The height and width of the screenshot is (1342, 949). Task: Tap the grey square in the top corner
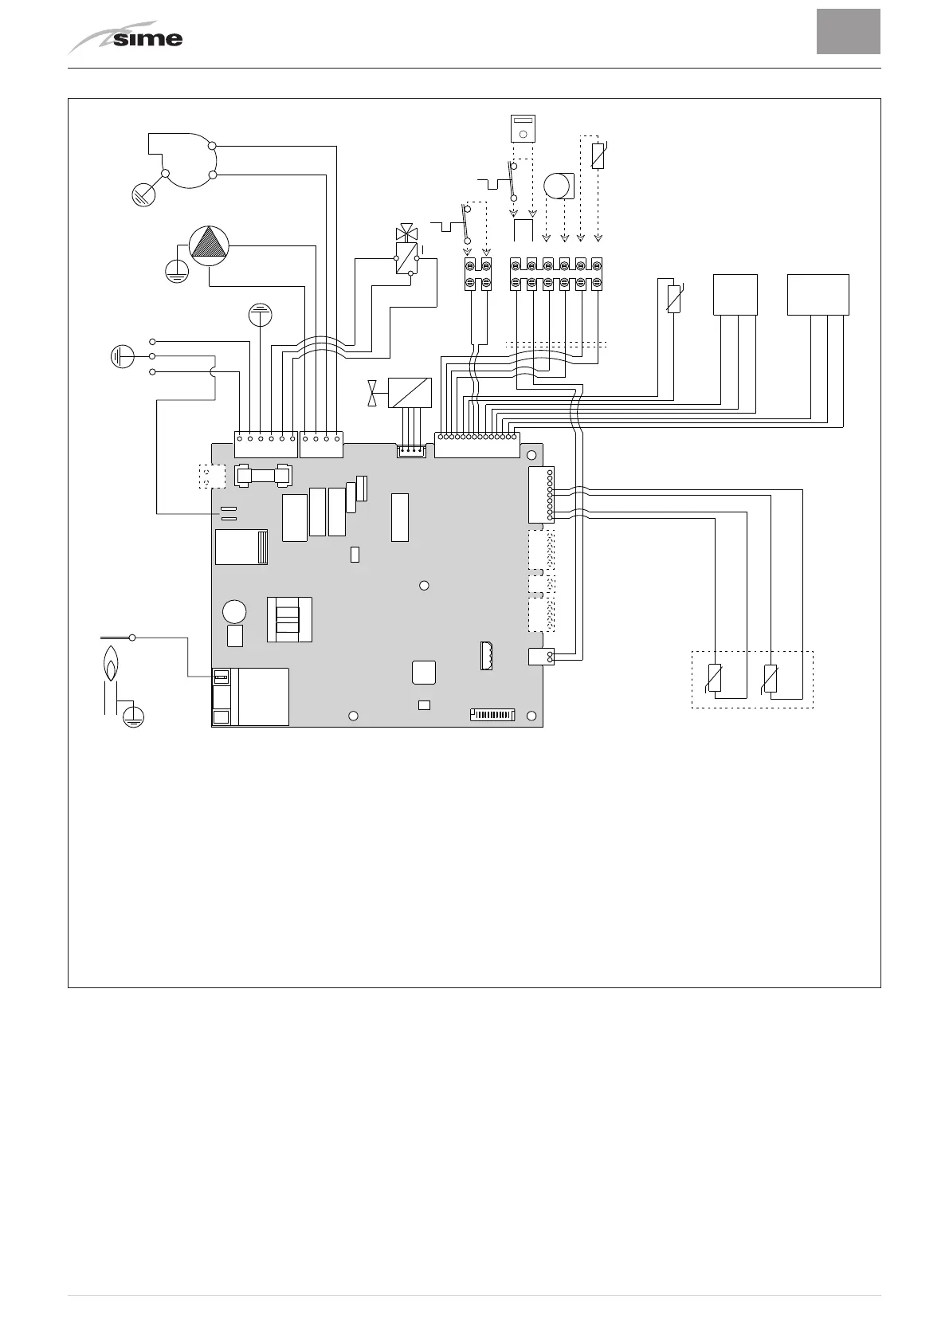coord(848,32)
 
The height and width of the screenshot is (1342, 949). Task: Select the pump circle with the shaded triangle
coord(209,245)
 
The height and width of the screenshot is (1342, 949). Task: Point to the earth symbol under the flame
coord(134,717)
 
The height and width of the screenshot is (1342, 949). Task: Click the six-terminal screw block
coord(556,274)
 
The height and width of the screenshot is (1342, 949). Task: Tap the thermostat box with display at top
coord(523,128)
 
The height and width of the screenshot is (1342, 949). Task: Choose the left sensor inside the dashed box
coord(715,678)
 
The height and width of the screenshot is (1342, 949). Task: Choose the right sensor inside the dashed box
coord(771,678)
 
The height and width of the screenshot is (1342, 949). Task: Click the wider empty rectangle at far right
coord(818,295)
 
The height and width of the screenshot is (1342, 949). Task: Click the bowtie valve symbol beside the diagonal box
coord(372,393)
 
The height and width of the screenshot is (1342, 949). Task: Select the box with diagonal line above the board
coord(410,393)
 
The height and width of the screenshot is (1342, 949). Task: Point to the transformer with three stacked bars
coord(288,619)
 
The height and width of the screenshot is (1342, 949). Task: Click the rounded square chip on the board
coord(424,672)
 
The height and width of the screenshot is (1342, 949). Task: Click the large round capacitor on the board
coord(234,611)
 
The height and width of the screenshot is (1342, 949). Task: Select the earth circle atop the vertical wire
coord(261,315)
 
